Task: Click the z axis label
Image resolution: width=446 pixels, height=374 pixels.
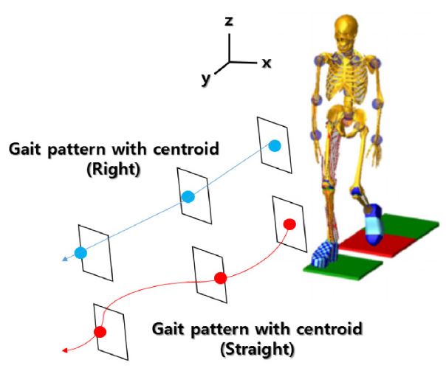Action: click(230, 22)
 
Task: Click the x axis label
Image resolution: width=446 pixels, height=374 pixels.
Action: click(266, 63)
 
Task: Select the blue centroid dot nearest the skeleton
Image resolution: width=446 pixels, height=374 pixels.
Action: click(274, 146)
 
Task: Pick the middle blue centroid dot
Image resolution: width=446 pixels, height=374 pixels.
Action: click(188, 196)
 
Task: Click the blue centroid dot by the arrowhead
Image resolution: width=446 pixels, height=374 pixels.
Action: click(80, 253)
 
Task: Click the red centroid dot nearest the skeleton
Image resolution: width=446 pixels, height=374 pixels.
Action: click(289, 224)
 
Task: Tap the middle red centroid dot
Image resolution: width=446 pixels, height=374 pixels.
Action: click(219, 277)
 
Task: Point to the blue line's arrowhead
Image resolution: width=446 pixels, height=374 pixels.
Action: click(65, 259)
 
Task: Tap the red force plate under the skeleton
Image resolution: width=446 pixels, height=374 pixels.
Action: click(354, 240)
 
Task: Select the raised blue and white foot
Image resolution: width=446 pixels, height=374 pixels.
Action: click(374, 223)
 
